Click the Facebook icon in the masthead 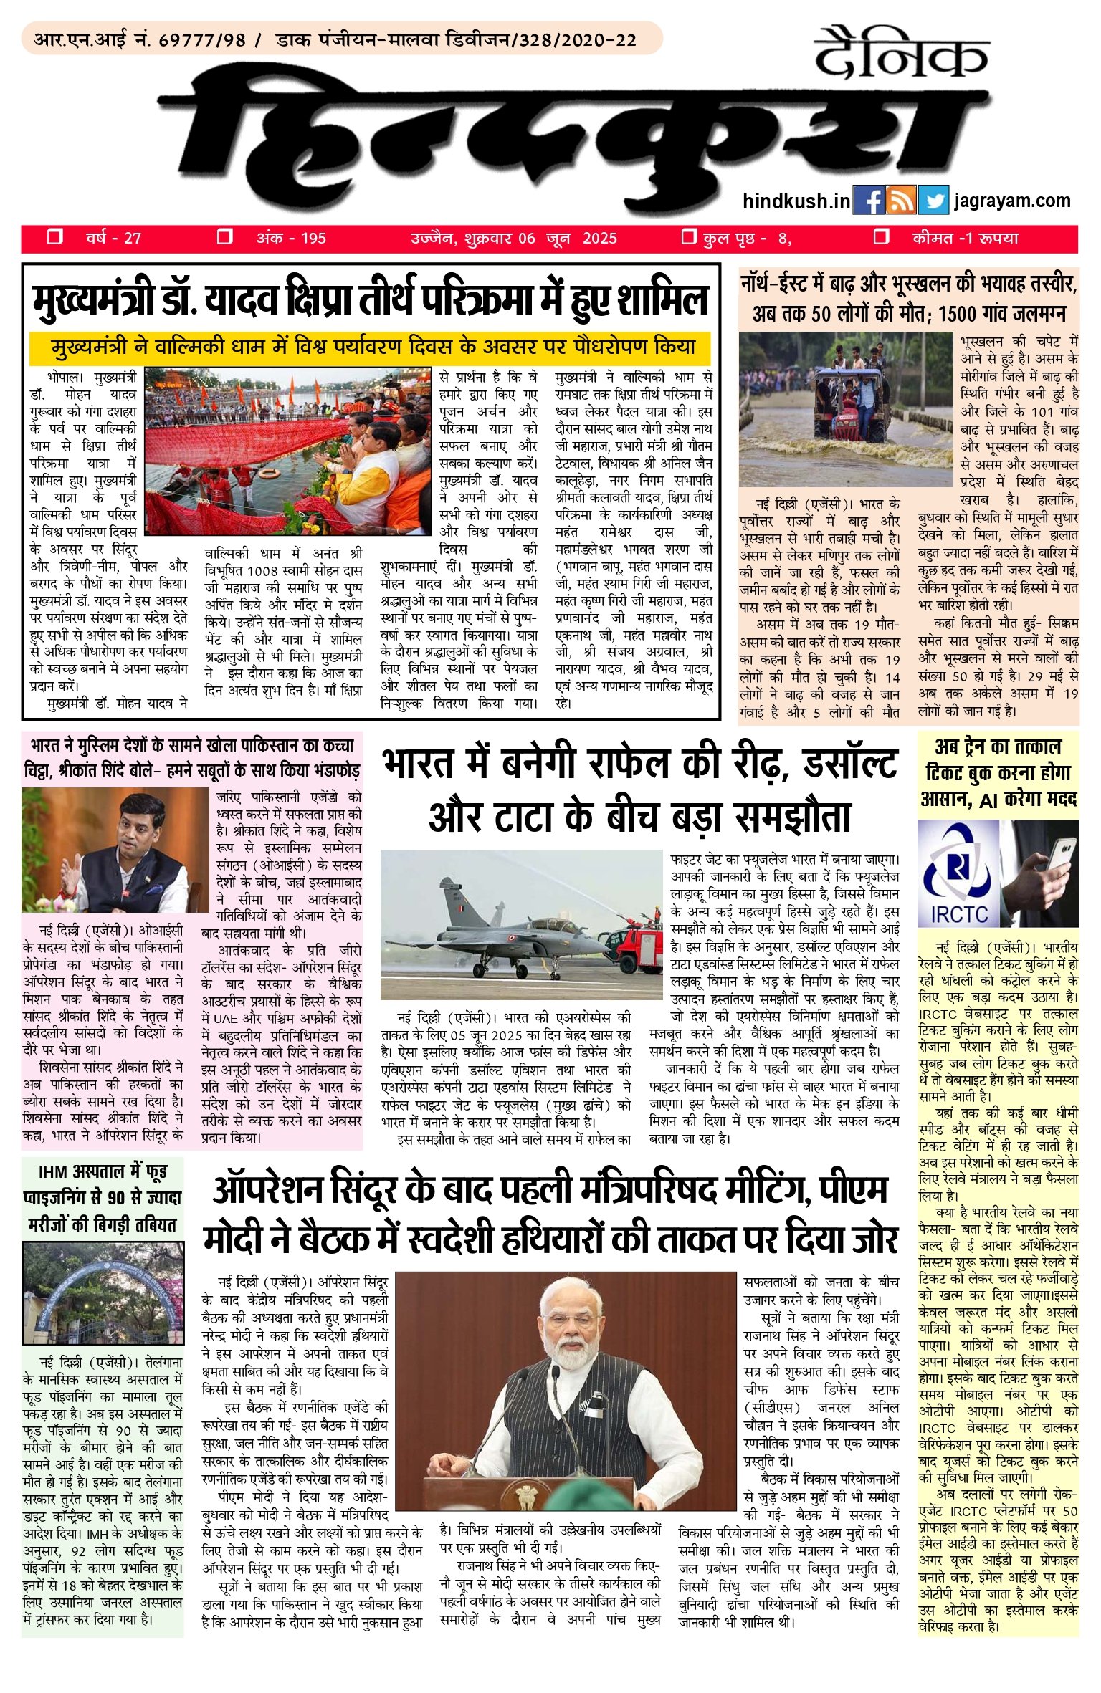click(x=869, y=201)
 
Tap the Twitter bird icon click(x=933, y=201)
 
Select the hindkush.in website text click(x=796, y=201)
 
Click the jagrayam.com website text click(x=1012, y=201)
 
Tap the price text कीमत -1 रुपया click(x=965, y=238)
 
